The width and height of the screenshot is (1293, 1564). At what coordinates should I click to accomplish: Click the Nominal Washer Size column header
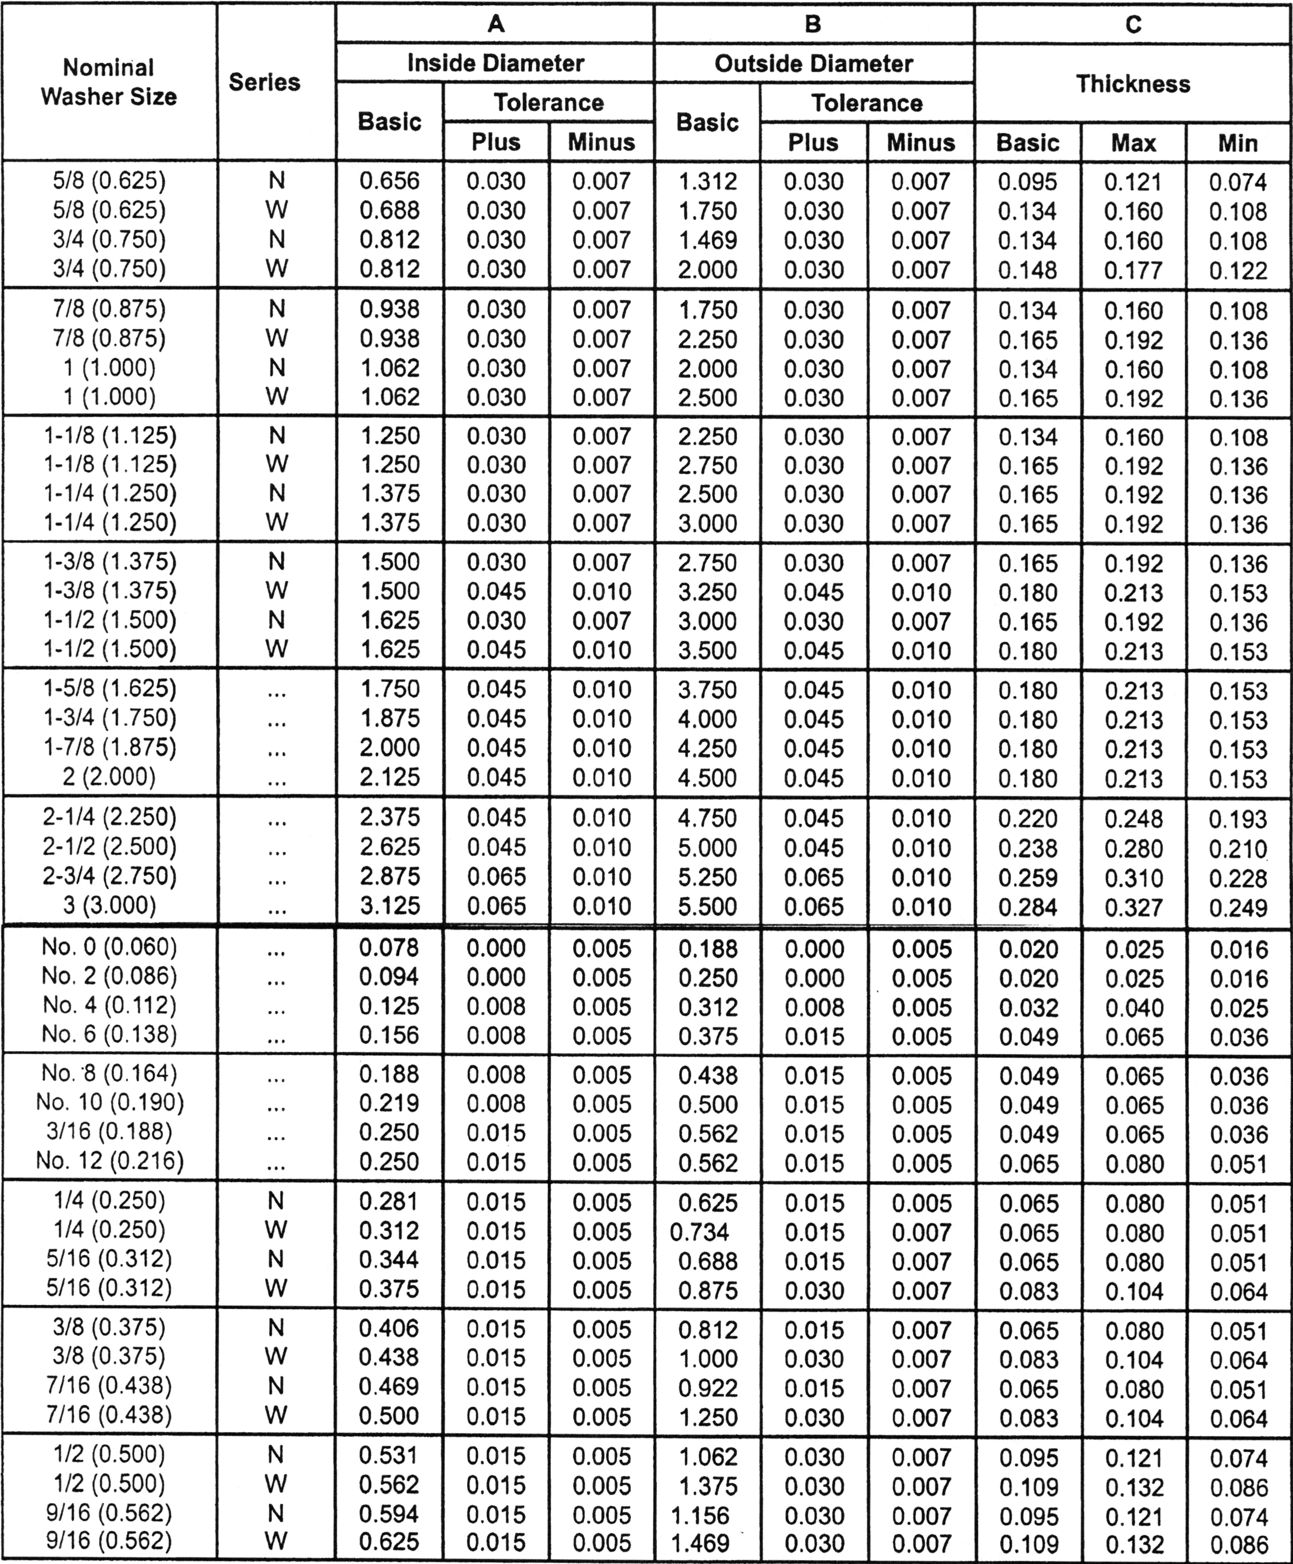point(109,82)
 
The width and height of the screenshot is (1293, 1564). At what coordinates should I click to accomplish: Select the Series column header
point(264,82)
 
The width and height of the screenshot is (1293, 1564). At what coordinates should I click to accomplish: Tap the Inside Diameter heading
point(495,63)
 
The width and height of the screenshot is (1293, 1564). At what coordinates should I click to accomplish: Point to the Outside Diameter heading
point(813,63)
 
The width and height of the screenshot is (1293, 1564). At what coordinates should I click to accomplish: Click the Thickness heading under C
point(1133,83)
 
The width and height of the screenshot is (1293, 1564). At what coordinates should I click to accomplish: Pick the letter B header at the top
point(813,25)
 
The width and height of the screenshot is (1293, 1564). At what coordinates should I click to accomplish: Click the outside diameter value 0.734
point(699,1232)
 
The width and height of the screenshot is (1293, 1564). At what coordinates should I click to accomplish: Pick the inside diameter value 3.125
point(390,906)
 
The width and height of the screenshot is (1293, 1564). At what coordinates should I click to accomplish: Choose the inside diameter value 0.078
point(390,948)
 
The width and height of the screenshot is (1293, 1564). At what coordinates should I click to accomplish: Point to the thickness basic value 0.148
point(1028,269)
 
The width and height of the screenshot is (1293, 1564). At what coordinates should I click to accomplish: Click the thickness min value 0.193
point(1238,819)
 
